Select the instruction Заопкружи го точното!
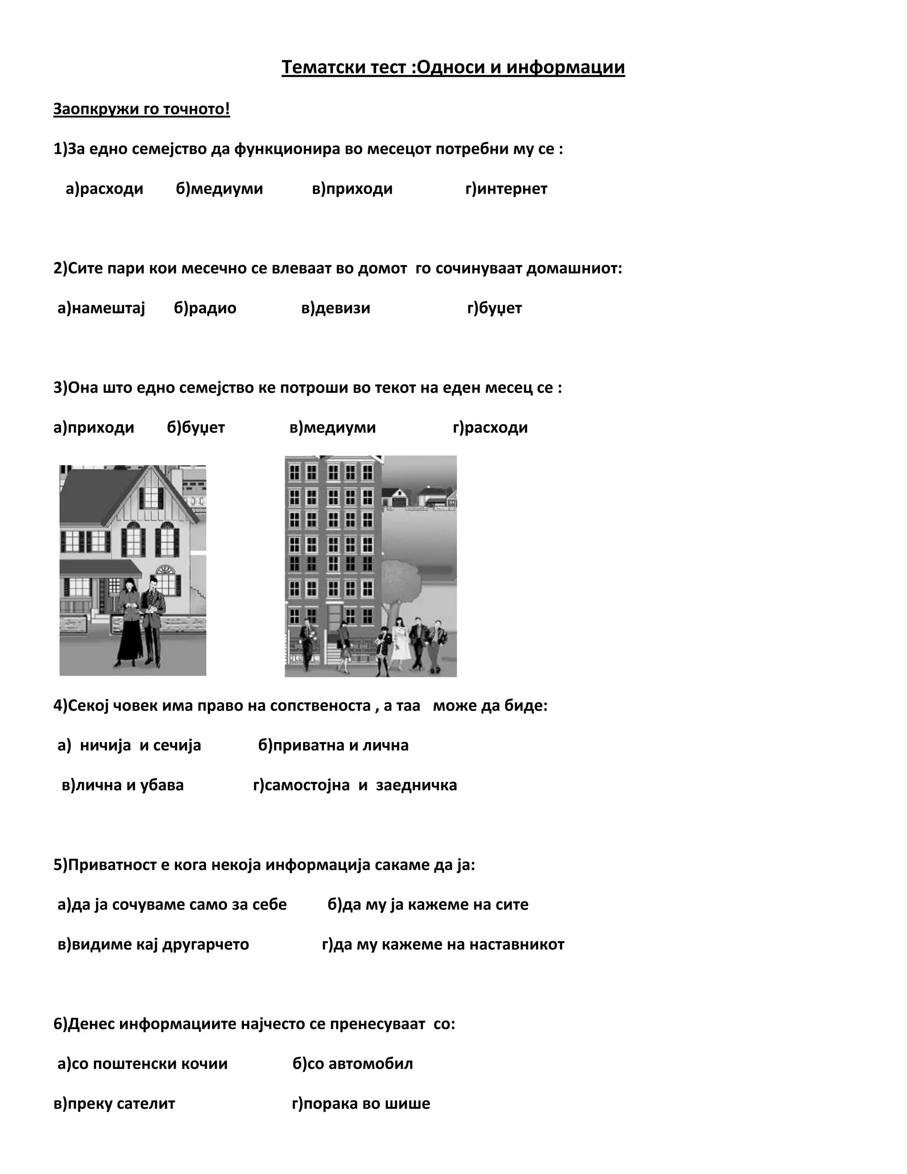(141, 109)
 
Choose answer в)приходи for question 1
(352, 189)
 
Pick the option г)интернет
(506, 189)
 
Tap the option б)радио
(205, 308)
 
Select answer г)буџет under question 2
(494, 308)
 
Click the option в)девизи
(335, 308)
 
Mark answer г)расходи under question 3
(490, 428)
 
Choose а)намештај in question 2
(101, 308)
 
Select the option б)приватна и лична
(333, 745)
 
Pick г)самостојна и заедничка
(355, 785)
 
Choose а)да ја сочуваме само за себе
(172, 904)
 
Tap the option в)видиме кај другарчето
(153, 944)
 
